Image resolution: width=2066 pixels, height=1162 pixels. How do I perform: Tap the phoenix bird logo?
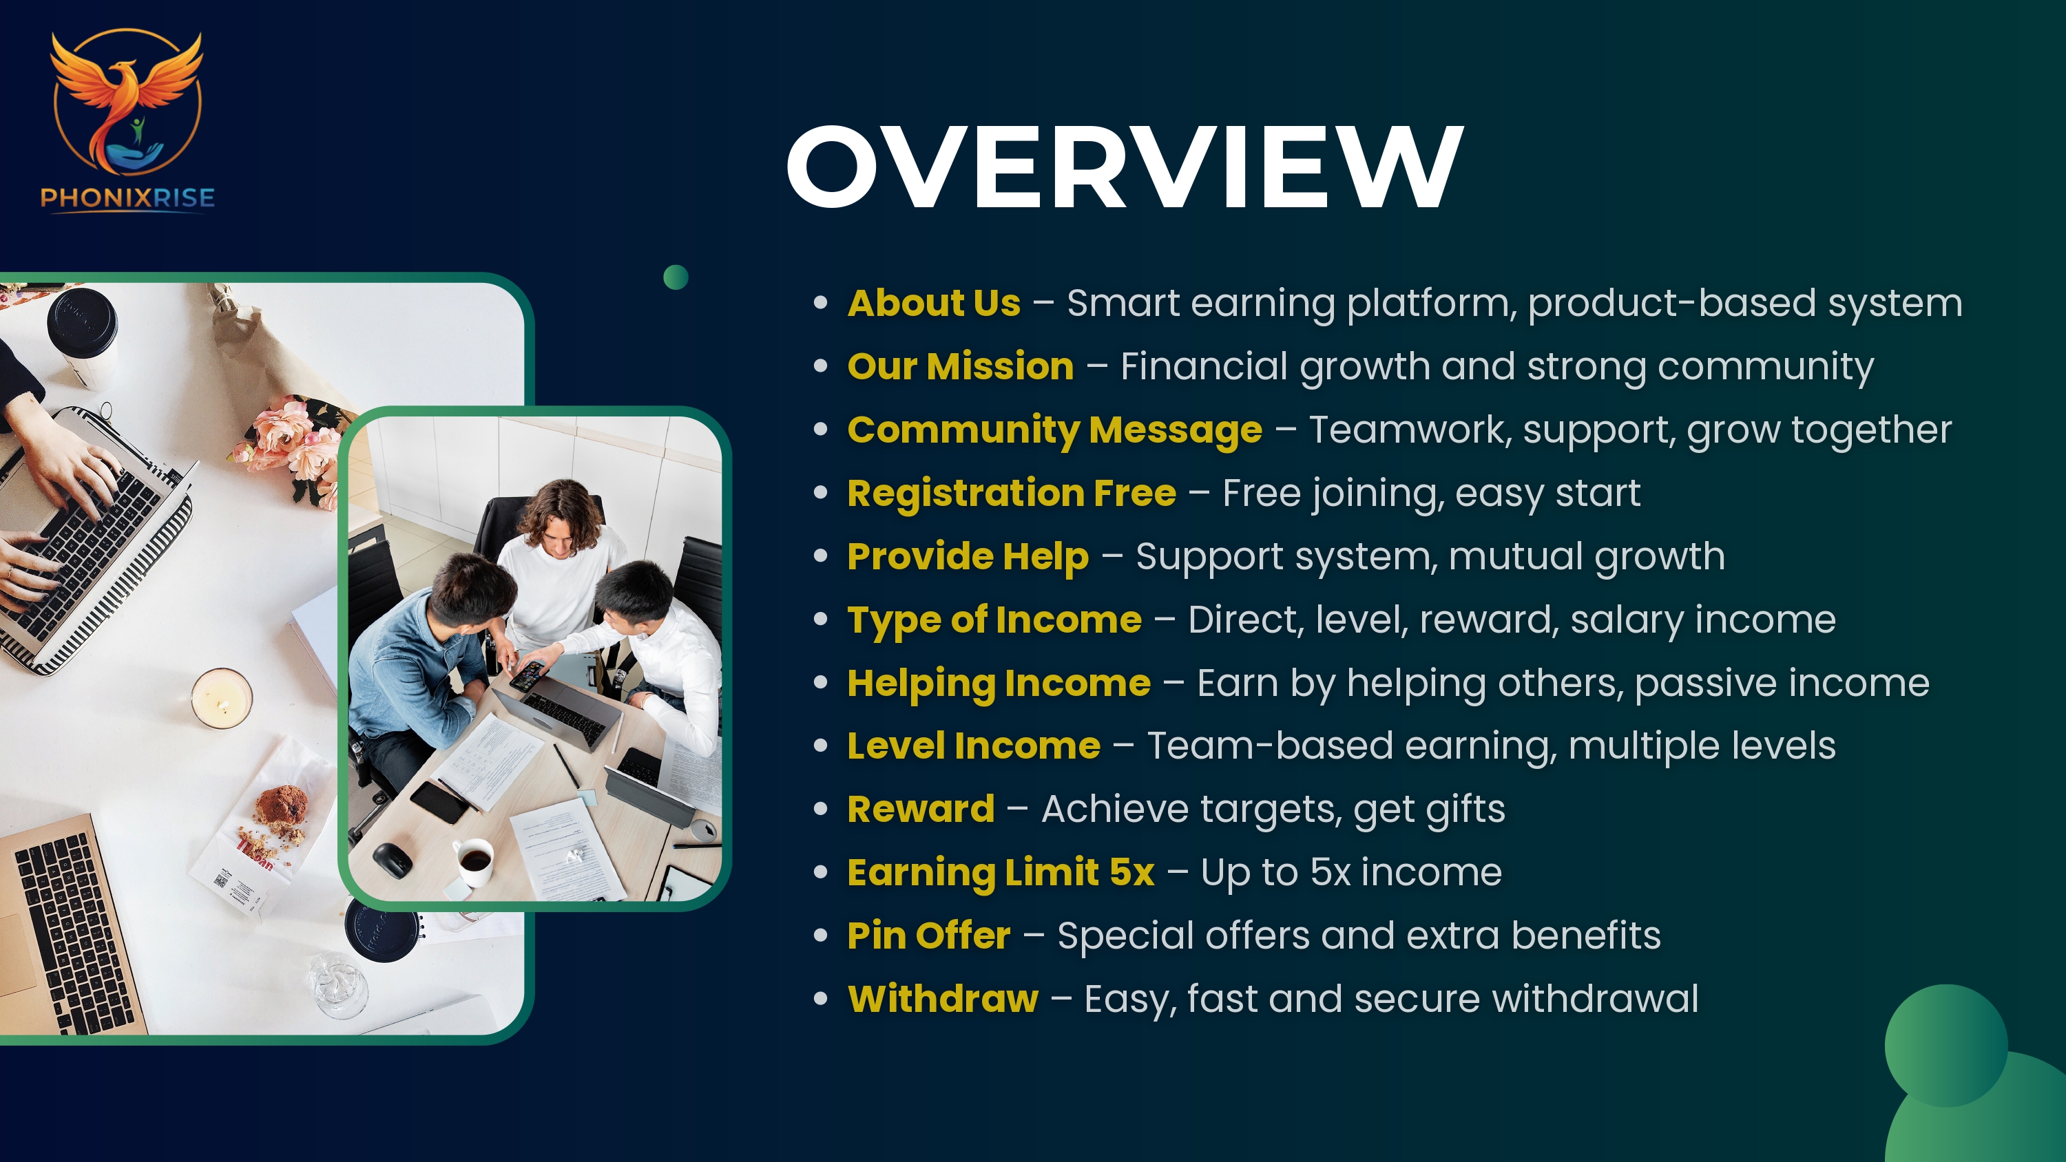[x=127, y=101]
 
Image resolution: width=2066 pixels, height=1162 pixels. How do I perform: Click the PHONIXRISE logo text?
[x=127, y=198]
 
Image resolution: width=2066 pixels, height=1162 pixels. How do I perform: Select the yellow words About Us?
[x=934, y=303]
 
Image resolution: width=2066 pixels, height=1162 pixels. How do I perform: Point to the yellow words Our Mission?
[x=960, y=366]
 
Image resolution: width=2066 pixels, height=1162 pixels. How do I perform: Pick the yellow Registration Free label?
[x=1012, y=493]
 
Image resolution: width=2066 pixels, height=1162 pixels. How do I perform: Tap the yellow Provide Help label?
[x=968, y=556]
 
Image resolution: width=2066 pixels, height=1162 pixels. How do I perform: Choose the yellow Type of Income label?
[x=994, y=620]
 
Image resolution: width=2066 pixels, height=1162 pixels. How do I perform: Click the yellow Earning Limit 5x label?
[x=1001, y=872]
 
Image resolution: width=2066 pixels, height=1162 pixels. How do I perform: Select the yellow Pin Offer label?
[x=929, y=936]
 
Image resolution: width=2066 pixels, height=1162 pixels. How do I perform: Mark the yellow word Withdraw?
[x=942, y=1000]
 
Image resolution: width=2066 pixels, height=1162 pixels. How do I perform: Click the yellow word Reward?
[x=921, y=809]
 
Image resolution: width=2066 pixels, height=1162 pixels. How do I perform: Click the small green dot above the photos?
[x=676, y=277]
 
